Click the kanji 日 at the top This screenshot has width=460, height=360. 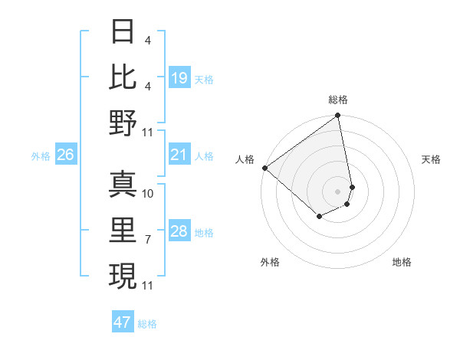click(123, 31)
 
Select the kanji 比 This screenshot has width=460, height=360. click(123, 77)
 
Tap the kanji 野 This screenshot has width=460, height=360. click(123, 123)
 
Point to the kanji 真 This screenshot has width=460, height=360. click(123, 183)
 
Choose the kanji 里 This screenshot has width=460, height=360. click(123, 229)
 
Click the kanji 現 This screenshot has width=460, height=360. click(123, 275)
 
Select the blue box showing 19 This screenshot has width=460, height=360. click(179, 78)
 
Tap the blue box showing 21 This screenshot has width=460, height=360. click(179, 155)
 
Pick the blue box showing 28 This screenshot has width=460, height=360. click(179, 232)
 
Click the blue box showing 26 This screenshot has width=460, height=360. click(65, 155)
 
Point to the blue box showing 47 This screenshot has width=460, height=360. click(123, 322)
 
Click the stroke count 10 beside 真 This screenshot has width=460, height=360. click(148, 194)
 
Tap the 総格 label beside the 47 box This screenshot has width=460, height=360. click(147, 324)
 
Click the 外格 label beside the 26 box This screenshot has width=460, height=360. click(41, 156)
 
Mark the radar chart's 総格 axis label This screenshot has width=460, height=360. click(338, 100)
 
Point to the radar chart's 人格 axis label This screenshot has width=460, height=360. click(245, 159)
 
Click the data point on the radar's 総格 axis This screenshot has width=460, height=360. click(337, 116)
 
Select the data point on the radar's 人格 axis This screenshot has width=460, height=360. click(264, 168)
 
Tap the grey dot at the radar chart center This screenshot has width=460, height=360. click(337, 191)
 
